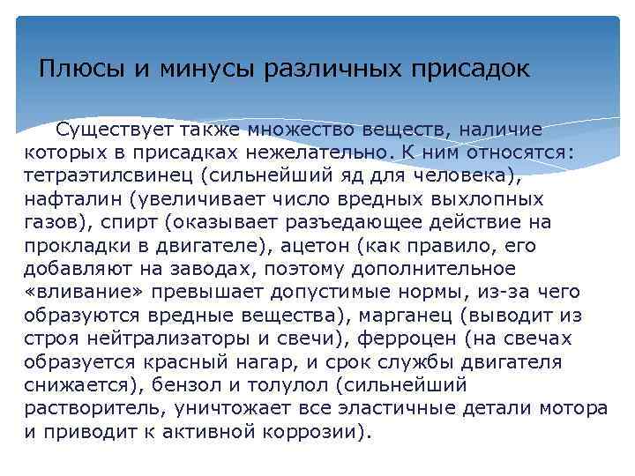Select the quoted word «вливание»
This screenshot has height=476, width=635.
click(76, 292)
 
